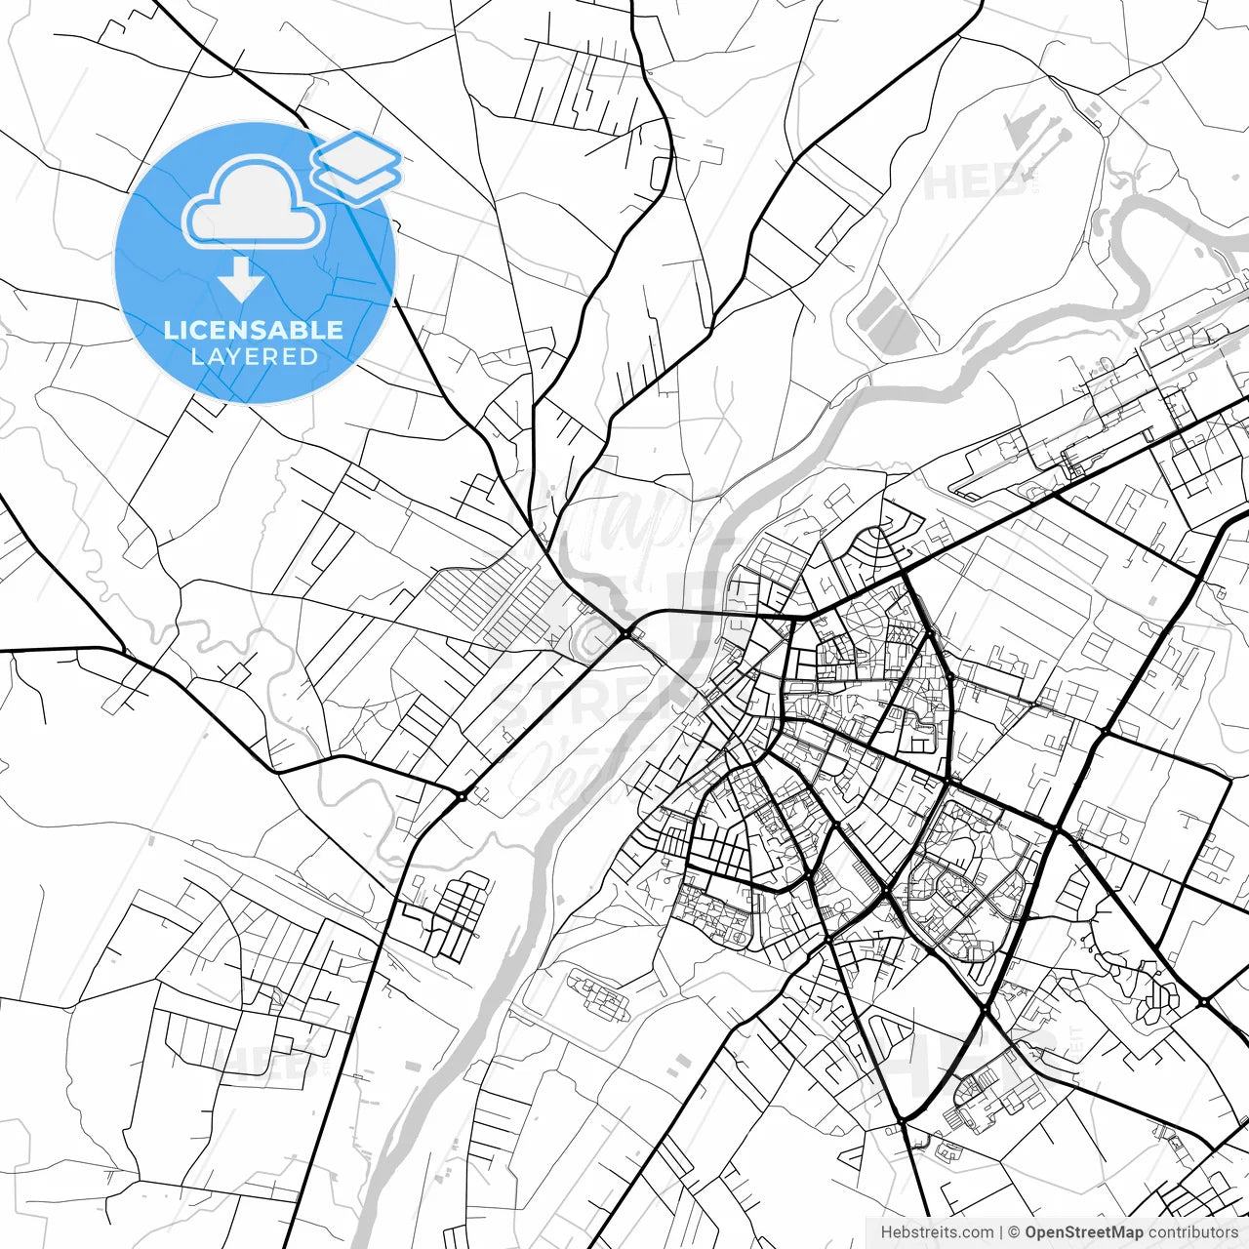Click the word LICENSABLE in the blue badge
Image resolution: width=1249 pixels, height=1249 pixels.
tap(254, 330)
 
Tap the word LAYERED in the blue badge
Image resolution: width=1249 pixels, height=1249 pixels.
tap(254, 356)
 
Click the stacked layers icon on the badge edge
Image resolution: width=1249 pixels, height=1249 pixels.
tap(356, 166)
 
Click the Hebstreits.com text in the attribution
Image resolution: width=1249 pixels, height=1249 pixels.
tap(937, 1232)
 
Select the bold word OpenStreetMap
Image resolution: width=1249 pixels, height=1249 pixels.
tap(1083, 1232)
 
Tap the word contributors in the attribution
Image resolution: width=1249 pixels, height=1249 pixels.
tap(1191, 1232)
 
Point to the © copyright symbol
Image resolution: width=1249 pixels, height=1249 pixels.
tap(1014, 1232)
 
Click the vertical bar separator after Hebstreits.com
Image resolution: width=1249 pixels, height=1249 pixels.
tap(1002, 1232)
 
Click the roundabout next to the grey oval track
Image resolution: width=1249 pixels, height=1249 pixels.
tap(624, 634)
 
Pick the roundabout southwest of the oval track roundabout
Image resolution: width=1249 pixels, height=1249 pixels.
tap(461, 796)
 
